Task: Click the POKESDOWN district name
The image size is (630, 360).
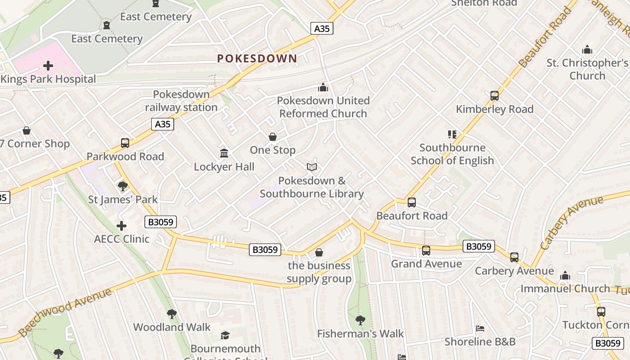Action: tap(257, 58)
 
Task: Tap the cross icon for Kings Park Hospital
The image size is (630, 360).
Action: tap(48, 66)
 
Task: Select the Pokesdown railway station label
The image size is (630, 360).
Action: tap(181, 101)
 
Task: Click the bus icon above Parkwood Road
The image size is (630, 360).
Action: tap(125, 143)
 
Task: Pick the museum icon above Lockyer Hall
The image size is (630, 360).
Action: tap(224, 153)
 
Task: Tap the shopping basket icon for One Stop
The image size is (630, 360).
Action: tap(273, 137)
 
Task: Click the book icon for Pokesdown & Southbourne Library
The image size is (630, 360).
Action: tap(312, 167)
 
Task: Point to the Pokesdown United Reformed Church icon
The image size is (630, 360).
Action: tap(323, 87)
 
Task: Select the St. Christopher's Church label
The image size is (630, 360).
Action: tap(587, 69)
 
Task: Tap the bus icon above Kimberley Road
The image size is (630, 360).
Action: tap(495, 96)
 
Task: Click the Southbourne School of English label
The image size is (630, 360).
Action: tap(452, 154)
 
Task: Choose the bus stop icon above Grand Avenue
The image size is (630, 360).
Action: tap(426, 251)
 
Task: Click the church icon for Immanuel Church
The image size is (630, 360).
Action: tap(565, 275)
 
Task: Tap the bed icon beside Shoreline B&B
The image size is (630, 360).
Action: tap(480, 328)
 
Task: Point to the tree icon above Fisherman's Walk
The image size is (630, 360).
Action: tap(360, 320)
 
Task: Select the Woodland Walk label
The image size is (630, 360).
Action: tap(172, 327)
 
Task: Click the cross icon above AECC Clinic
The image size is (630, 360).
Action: tap(121, 225)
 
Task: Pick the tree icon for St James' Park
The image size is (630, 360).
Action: tap(122, 186)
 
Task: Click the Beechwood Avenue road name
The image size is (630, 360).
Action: tap(65, 312)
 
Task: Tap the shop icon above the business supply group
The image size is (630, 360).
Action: tap(319, 252)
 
